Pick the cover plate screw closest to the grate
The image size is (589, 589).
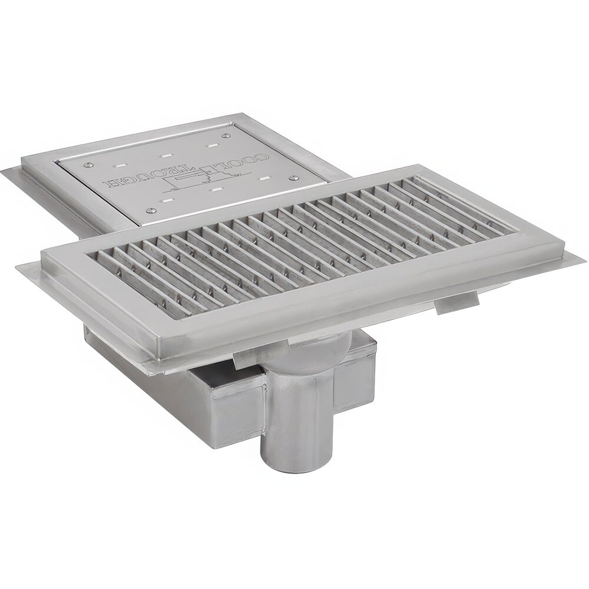point(151,210)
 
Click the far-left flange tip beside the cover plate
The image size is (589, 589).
point(2,171)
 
